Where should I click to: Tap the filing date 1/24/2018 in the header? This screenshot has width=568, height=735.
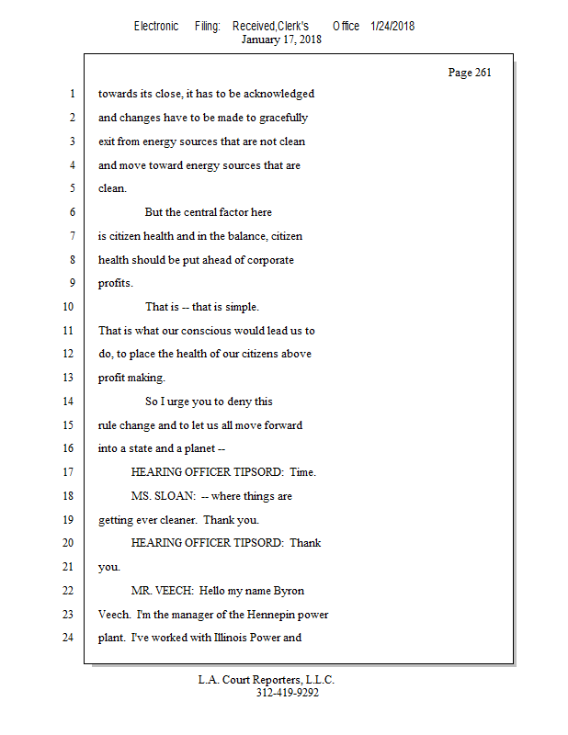click(x=392, y=26)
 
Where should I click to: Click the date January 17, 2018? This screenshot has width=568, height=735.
click(x=281, y=40)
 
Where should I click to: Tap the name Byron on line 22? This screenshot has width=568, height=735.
click(x=289, y=590)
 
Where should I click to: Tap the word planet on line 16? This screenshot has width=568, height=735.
click(x=197, y=448)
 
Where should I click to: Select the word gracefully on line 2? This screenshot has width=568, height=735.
click(x=280, y=118)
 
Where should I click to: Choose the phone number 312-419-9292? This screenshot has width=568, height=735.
click(x=287, y=693)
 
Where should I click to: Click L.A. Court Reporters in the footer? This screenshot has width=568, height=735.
click(x=267, y=680)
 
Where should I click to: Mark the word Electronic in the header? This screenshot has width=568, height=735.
click(x=156, y=26)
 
